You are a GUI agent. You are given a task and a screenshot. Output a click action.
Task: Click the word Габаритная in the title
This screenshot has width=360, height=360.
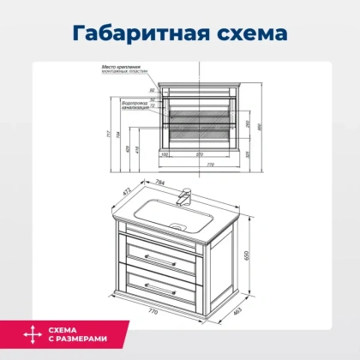[x=141, y=33]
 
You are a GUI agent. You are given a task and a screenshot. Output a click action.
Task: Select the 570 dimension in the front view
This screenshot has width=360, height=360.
[x=198, y=154]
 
